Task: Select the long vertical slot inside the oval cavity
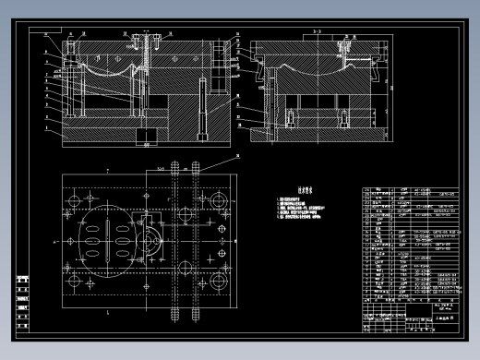click(109, 240)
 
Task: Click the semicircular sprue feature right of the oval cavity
click(150, 241)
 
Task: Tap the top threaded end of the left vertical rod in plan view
click(174, 169)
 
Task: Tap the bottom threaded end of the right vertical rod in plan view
click(196, 311)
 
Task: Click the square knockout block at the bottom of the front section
click(143, 137)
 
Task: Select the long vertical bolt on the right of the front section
click(199, 111)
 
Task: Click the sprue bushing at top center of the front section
click(144, 42)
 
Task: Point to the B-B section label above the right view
click(318, 30)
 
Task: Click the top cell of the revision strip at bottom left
click(22, 279)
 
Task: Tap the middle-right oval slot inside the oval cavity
click(126, 241)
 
